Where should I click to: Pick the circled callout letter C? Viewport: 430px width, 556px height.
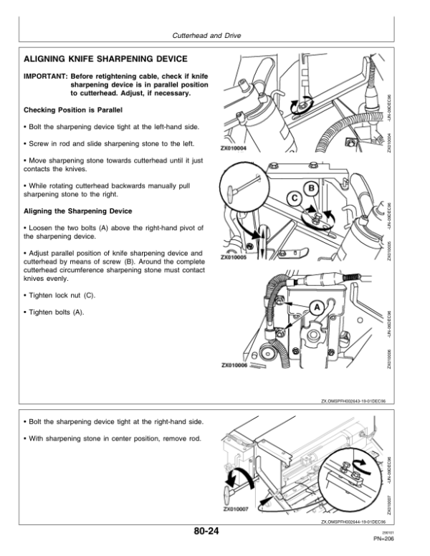294,198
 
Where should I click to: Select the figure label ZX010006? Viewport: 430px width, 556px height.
235,365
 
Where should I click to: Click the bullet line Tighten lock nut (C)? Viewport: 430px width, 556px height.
59,296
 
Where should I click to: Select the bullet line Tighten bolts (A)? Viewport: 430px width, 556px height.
54,312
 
